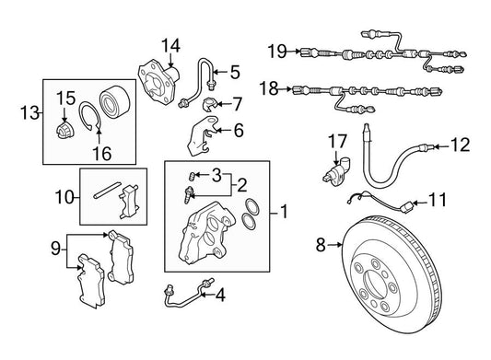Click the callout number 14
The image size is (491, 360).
point(170,46)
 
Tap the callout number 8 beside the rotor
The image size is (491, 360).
point(321,245)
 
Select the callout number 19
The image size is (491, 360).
point(277,51)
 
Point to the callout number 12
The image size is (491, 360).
point(461,145)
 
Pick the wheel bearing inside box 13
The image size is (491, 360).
point(114,100)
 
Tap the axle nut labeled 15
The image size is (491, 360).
point(65,130)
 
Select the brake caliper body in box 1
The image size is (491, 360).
point(206,233)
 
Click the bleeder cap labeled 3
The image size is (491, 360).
point(192,176)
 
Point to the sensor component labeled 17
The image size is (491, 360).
point(336,171)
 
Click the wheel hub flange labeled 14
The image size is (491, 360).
point(158,81)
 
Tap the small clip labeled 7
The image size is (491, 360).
point(209,104)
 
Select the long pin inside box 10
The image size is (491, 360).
point(107,190)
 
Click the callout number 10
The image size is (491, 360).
point(64,197)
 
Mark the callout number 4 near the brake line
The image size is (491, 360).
point(220,295)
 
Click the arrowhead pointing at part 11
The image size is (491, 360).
point(415,203)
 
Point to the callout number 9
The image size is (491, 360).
point(55,250)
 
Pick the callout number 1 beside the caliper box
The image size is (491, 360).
point(284,212)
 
